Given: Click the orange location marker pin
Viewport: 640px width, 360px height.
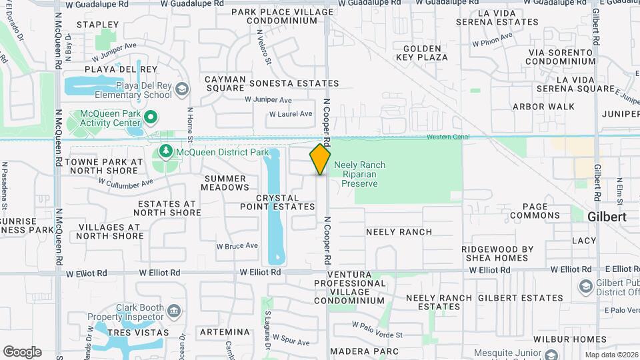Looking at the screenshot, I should point(320,159).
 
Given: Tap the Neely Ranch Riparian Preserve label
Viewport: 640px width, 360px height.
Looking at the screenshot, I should point(359,174).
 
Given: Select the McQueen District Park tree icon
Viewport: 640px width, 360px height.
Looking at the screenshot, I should point(165,152).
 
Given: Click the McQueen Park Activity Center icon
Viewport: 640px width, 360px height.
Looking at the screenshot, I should point(151,117).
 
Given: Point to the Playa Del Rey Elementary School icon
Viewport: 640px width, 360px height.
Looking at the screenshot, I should point(185,90).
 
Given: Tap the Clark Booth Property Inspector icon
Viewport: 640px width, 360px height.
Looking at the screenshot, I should point(174,311).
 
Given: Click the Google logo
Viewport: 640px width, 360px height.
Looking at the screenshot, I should point(22,352).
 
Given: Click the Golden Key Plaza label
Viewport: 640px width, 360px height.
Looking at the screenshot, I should point(421,53).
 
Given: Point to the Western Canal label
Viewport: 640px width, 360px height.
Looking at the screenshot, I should point(448,137).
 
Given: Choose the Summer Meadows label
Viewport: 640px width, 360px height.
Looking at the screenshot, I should point(225,183).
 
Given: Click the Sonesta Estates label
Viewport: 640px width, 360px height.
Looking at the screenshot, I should point(294,83).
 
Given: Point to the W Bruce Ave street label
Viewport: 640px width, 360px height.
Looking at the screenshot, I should point(237,246).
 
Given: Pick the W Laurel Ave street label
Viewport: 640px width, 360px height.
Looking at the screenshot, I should point(291,114).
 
